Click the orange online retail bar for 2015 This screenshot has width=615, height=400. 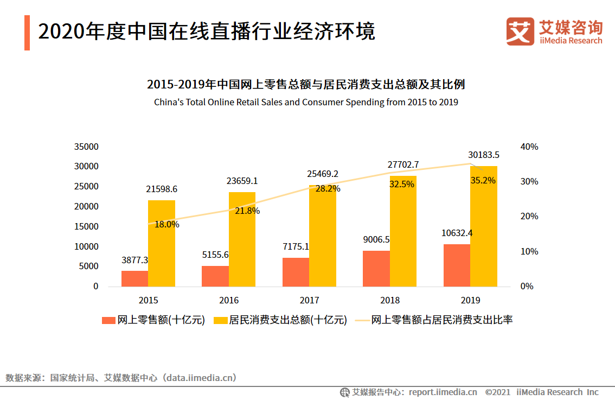point(134,278)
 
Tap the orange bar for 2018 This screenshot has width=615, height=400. point(376,269)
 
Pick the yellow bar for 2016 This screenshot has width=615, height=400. point(242,239)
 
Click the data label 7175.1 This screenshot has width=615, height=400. point(296,246)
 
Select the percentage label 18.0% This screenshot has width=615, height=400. point(167,224)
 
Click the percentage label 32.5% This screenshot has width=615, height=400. point(402,184)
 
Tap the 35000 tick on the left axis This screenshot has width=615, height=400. point(87,147)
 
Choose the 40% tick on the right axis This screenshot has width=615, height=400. point(529,147)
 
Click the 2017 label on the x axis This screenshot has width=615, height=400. point(309,300)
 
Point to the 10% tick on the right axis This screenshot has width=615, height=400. point(529,251)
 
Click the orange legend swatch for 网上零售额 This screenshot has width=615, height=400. point(108,320)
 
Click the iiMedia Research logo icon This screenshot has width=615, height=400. point(520,31)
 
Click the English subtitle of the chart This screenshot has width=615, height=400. point(306,102)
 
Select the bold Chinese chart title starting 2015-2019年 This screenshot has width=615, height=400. point(306,85)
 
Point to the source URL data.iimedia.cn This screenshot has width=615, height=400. point(200,378)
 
